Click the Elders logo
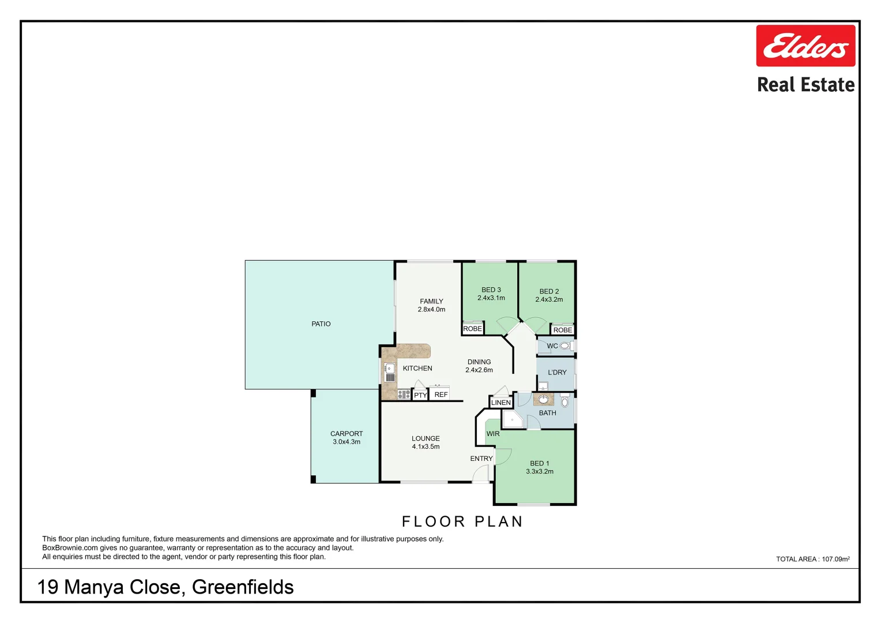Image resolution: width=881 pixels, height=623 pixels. tap(805, 46)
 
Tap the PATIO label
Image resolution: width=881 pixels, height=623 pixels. tap(321, 324)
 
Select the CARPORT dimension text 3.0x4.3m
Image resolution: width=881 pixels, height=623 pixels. tap(347, 442)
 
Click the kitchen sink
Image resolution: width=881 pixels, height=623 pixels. tap(390, 373)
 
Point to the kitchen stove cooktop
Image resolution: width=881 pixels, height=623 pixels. tap(404, 395)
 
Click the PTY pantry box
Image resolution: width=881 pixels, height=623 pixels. tap(420, 395)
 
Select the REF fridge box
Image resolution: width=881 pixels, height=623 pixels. tap(441, 395)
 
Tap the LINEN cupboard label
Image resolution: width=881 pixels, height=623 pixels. tap(500, 403)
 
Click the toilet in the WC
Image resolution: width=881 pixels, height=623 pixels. tap(566, 346)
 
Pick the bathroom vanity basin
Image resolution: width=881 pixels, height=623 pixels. tap(543, 399)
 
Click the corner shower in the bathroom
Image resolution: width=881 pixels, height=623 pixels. tap(513, 419)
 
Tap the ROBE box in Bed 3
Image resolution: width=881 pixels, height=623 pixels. tap(472, 329)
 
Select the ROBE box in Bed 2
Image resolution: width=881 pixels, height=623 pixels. tap(563, 330)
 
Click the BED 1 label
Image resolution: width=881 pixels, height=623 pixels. tap(539, 463)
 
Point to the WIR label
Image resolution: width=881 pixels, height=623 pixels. tap(493, 434)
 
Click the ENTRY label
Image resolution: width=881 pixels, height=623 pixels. tap(481, 459)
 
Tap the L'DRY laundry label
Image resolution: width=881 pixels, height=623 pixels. tap(557, 373)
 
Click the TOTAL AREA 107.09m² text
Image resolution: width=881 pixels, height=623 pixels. tap(812, 559)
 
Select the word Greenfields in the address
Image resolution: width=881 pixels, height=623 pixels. tap(243, 587)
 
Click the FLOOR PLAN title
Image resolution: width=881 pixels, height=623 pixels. tap(462, 521)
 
